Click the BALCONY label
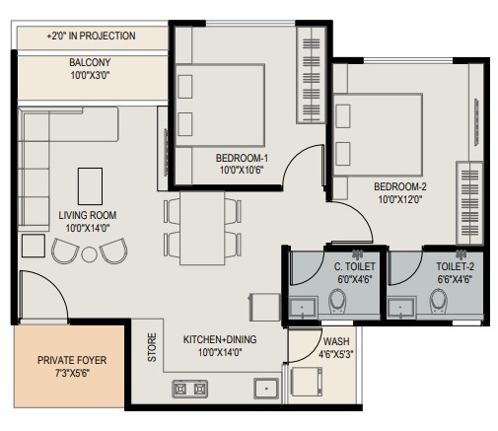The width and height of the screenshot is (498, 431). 90,62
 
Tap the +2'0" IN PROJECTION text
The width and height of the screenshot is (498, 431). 92,36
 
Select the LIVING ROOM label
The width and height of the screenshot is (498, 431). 88,215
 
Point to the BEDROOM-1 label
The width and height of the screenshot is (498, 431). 242,158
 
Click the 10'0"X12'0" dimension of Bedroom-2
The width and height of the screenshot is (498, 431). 400,199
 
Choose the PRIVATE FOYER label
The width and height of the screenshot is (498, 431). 72,360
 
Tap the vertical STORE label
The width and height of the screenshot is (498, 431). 152,347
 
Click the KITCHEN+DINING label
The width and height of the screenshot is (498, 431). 220,339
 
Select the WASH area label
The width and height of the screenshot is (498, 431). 336,341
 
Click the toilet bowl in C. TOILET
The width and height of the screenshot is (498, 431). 337,301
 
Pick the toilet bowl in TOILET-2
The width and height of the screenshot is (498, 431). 439,301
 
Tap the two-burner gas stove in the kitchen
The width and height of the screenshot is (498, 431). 190,389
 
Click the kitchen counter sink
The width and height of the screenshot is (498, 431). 266,389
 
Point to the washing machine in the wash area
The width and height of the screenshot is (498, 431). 307,382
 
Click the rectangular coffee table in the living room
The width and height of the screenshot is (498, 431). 90,186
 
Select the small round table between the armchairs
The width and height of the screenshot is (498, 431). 89,254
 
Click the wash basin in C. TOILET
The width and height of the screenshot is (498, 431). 302,308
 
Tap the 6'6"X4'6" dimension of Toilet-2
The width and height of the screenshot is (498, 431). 455,279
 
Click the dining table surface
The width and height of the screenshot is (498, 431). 202,229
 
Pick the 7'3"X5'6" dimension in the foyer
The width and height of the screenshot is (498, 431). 72,373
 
